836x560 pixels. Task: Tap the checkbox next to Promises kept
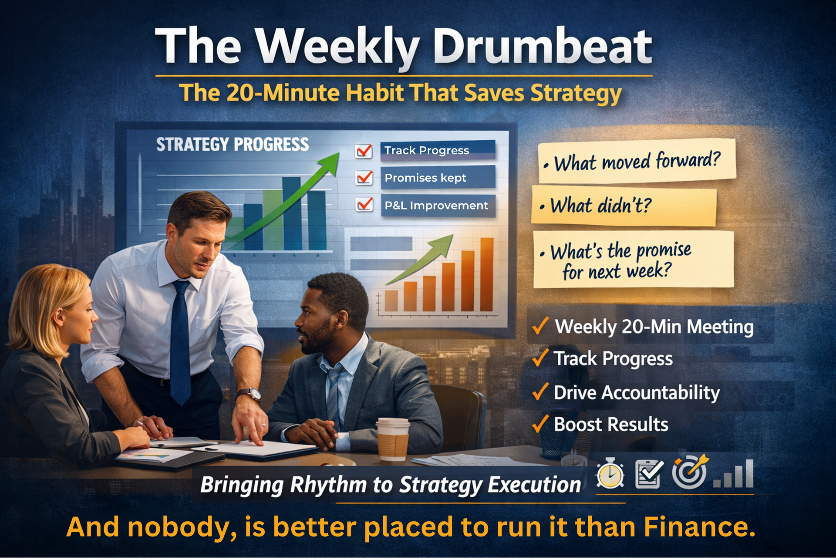[364, 178]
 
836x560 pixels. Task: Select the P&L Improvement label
[436, 206]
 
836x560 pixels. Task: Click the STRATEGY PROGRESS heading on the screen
[233, 145]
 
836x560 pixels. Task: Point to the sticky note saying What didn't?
[623, 206]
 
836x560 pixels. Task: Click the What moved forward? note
[637, 161]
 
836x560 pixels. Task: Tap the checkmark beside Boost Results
[540, 424]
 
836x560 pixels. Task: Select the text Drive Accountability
[637, 393]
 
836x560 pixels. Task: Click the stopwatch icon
[610, 474]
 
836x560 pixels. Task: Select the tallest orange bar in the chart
[487, 274]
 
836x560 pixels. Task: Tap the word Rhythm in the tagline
[328, 485]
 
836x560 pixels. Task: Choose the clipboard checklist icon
[649, 474]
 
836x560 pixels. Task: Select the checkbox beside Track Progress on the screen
[364, 151]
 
